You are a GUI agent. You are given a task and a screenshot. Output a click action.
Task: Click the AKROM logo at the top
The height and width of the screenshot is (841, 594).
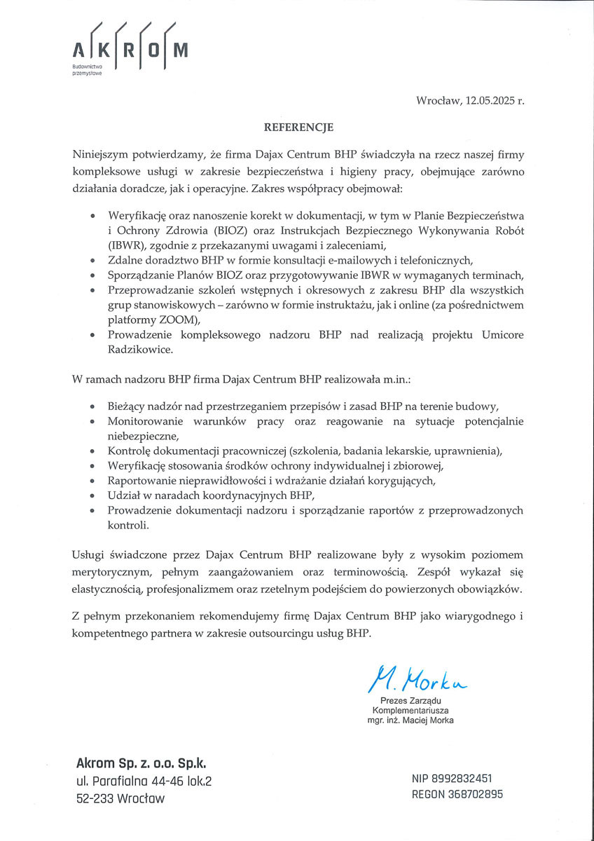[x=130, y=50]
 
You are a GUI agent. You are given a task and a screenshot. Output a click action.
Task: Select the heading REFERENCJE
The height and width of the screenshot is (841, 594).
[x=298, y=128]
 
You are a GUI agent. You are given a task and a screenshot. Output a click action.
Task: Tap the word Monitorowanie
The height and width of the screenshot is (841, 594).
[x=145, y=421]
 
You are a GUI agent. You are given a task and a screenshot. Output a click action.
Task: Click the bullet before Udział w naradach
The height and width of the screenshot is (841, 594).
[x=92, y=496]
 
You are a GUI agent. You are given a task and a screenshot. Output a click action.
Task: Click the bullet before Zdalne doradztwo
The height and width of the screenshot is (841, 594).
[x=92, y=261]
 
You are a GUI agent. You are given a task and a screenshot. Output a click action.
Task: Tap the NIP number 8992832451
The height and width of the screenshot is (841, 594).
[x=466, y=778]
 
